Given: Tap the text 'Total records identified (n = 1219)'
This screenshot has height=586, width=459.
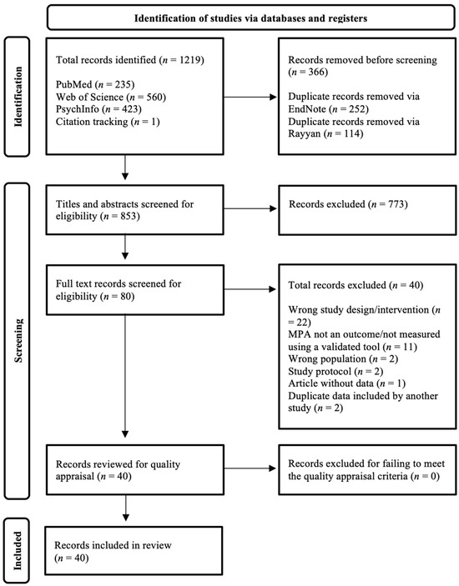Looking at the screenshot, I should click(x=130, y=61).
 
